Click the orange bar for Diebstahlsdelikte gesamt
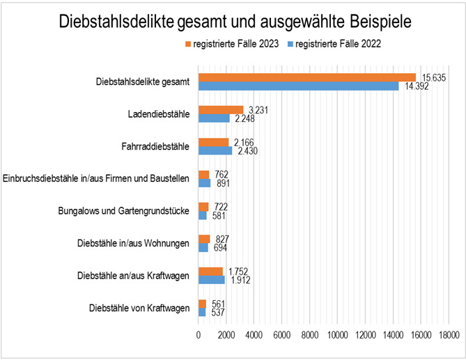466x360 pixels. tap(307, 77)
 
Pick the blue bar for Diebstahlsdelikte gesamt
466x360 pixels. tap(299, 86)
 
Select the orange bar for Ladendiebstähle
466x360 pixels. tap(221, 109)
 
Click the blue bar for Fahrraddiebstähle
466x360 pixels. tap(215, 150)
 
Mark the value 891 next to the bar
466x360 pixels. tap(221, 184)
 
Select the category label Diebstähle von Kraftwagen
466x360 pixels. tap(139, 308)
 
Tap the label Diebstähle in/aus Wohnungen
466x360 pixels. tap(132, 243)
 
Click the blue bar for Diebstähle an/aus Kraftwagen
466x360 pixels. tap(212, 280)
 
